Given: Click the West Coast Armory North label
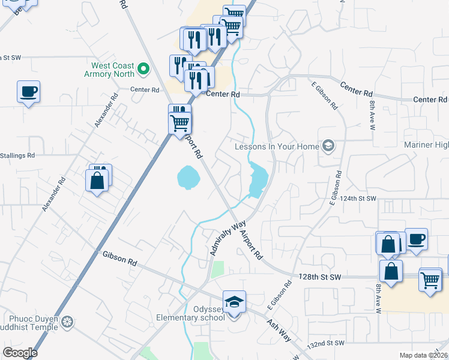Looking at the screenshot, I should tap(113, 70).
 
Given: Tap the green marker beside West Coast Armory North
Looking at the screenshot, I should tap(143, 70).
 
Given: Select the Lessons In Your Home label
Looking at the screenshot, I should tap(276, 146).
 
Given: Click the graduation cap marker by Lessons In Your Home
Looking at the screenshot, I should tap(328, 145).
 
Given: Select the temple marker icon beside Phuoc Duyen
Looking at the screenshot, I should tap(68, 322).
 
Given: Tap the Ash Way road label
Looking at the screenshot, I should tap(279, 329).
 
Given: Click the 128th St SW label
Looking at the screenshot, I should tap(320, 277).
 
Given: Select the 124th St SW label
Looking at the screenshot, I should tap(359, 198).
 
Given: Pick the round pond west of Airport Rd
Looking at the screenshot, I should tap(187, 178).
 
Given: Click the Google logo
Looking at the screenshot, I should tap(20, 353).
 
